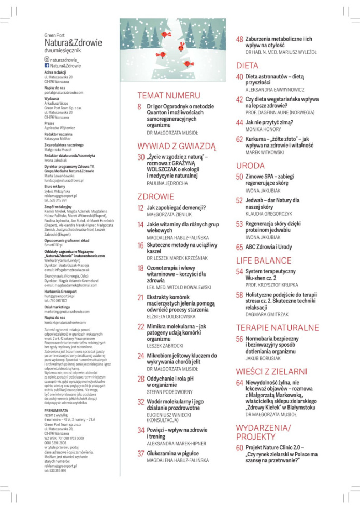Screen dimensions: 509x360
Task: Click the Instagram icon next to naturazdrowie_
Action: click(47, 60)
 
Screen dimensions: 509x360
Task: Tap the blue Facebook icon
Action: click(47, 66)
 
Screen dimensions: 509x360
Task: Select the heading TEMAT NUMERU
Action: click(168, 96)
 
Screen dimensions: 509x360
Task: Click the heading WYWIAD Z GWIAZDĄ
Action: click(176, 146)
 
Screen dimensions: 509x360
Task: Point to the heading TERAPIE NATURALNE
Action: click(277, 328)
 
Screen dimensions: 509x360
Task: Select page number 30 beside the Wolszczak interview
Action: click(141, 157)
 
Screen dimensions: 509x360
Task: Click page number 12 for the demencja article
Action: click(140, 208)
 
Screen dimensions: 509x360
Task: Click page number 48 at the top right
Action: click(240, 39)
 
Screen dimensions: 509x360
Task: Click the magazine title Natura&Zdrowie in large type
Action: click(73, 42)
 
